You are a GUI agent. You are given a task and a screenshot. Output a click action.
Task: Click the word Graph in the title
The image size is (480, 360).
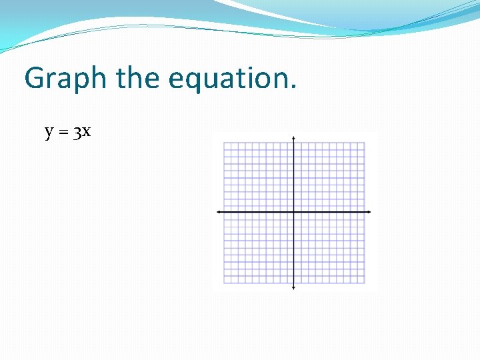pyautogui.click(x=65, y=79)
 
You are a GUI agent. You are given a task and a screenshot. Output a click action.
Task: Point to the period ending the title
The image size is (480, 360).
pyautogui.click(x=293, y=87)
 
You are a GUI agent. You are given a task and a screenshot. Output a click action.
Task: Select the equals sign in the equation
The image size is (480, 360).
pyautogui.click(x=63, y=133)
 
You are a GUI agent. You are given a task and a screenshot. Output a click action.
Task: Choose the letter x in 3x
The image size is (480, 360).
pyautogui.click(x=87, y=132)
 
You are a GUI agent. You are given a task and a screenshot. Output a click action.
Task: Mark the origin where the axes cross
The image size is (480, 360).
pyautogui.click(x=294, y=212)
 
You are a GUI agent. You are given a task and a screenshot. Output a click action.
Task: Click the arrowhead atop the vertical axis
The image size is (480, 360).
pyautogui.click(x=294, y=137)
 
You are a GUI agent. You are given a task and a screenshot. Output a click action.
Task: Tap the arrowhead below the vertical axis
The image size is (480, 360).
pyautogui.click(x=294, y=287)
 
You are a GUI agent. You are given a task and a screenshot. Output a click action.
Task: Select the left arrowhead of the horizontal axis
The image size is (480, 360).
pyautogui.click(x=218, y=212)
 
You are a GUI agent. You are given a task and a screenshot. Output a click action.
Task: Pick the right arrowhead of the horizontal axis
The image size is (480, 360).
pyautogui.click(x=369, y=212)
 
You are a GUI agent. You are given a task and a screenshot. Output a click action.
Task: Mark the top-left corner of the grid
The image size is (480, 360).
pyautogui.click(x=223, y=142)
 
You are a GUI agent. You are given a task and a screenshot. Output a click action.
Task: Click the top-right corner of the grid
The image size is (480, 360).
pyautogui.click(x=365, y=142)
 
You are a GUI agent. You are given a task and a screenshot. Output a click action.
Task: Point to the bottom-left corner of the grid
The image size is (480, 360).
pyautogui.click(x=223, y=283)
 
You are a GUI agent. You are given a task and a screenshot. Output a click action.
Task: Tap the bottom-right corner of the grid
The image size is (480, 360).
pyautogui.click(x=365, y=283)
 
